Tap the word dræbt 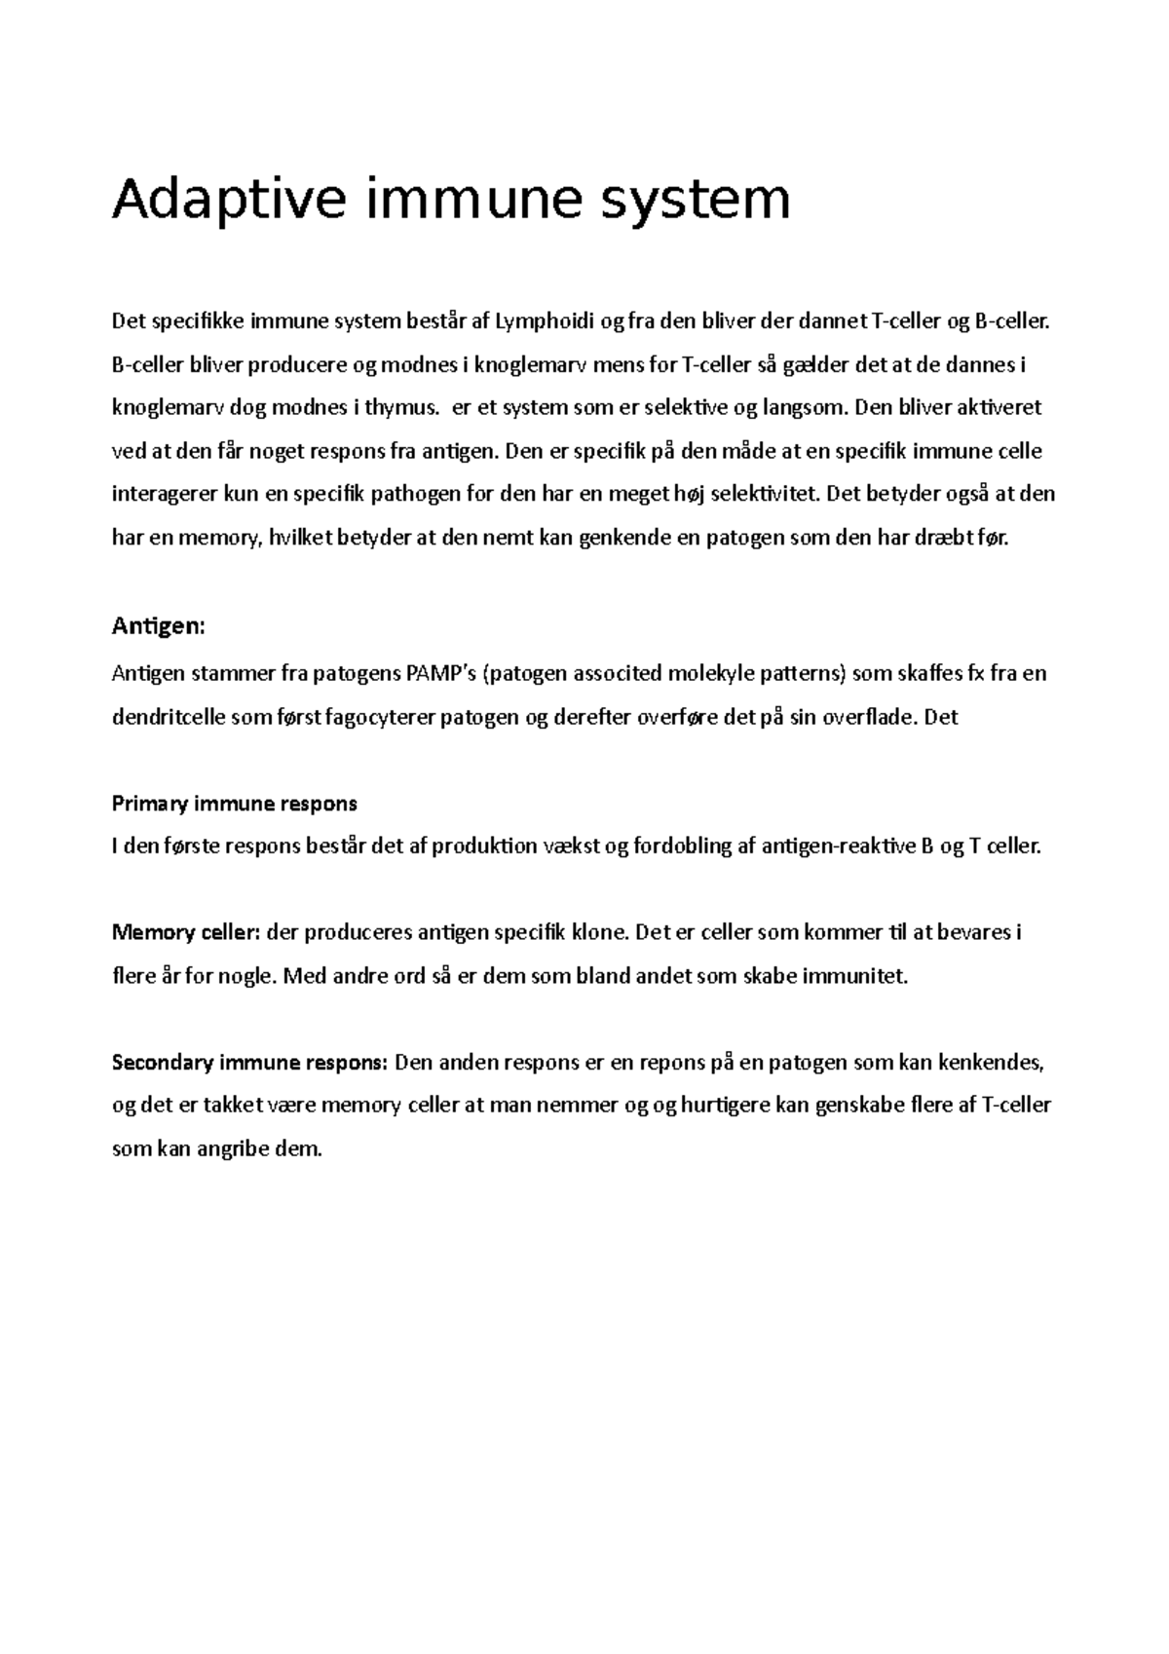coord(941,537)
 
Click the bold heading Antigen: coord(159,625)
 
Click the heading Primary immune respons coord(235,804)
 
